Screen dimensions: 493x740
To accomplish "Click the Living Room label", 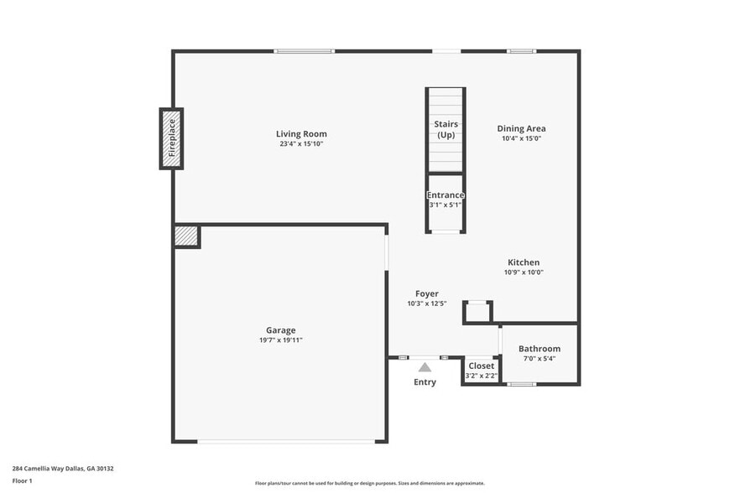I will pos(301,134).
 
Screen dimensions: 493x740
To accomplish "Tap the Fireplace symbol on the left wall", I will pos(171,138).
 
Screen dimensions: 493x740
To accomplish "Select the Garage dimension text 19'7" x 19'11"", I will pos(280,340).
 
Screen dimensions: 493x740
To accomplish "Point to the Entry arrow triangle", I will pos(425,367).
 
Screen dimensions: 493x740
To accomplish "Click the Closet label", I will pos(481,366).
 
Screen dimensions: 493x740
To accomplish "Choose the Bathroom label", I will pos(539,349).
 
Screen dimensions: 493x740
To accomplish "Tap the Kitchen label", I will pos(524,262).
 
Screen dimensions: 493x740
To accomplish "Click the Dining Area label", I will pos(521,129).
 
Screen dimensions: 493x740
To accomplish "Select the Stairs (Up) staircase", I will pos(446,130).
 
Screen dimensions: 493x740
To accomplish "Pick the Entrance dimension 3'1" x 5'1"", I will pos(446,205).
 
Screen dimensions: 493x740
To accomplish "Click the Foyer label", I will pos(426,293).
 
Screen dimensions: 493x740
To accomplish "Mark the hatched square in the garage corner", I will pos(186,236).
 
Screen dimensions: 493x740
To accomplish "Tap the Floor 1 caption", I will pos(22,480).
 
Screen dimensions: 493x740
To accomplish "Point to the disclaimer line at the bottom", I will pos(369,484).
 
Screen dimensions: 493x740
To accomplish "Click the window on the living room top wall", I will pos(304,52).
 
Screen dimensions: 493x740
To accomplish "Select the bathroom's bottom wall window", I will pos(521,384).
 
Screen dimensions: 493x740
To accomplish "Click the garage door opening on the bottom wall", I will pos(280,441).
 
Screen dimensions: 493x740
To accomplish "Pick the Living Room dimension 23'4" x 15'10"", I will pos(301,144).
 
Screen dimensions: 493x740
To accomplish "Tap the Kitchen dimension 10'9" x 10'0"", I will pos(524,272).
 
